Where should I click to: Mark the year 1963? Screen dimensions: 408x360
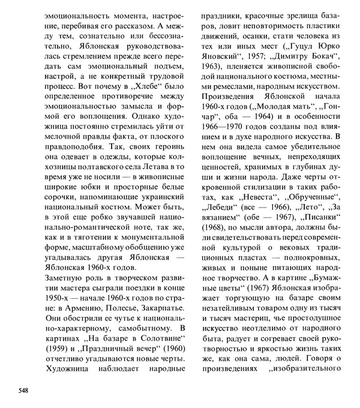click(215, 85)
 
